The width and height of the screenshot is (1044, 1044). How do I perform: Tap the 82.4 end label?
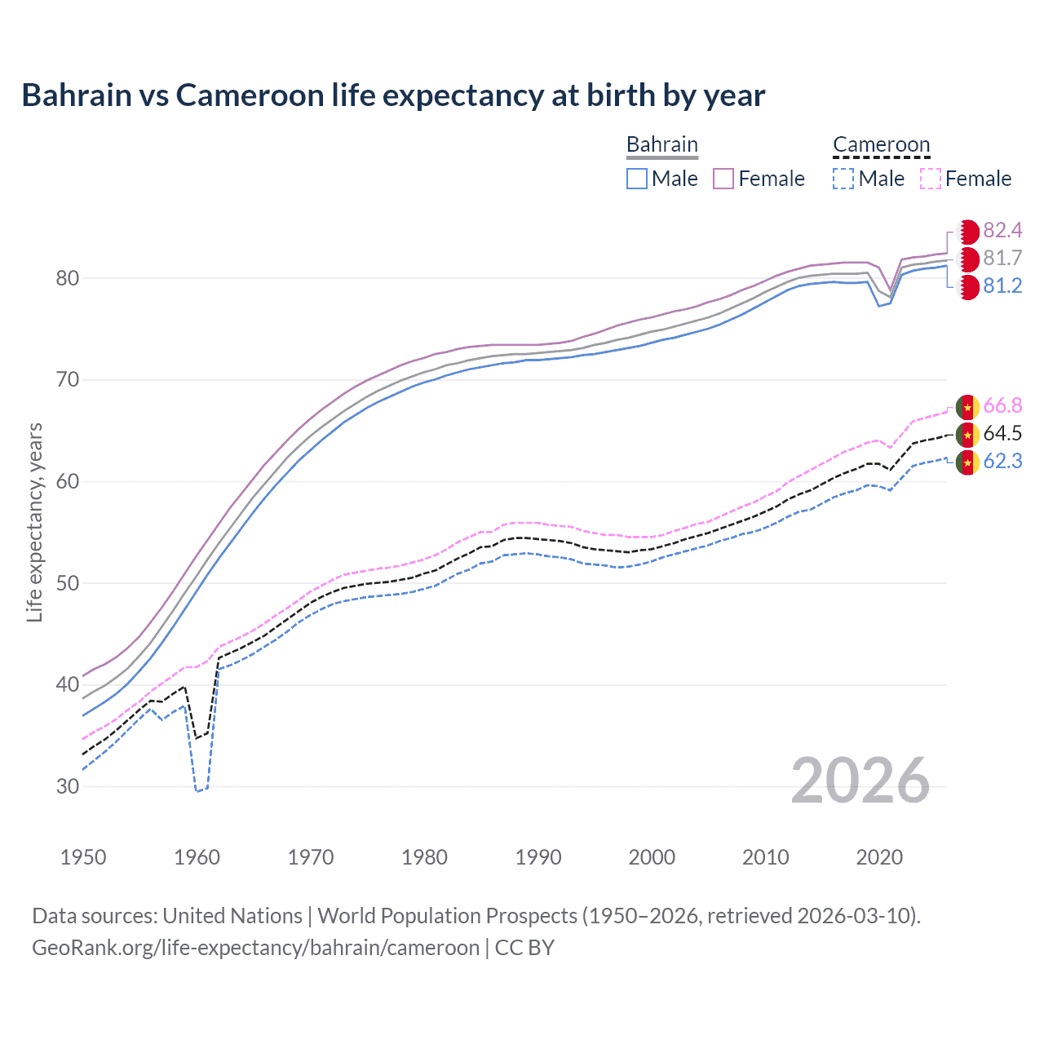[x=1002, y=230]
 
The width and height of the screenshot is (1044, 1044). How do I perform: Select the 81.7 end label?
[x=1002, y=258]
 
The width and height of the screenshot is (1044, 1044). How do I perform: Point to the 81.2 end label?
[x=1002, y=285]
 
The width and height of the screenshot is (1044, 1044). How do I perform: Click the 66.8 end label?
[x=1002, y=405]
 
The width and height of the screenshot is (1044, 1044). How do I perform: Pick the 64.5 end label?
[x=1002, y=433]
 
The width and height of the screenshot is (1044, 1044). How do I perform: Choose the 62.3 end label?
[x=1002, y=461]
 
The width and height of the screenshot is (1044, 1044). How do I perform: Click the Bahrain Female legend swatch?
[x=723, y=179]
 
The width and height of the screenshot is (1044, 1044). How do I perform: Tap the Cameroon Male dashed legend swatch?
[x=843, y=179]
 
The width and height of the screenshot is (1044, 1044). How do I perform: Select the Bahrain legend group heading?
[x=662, y=144]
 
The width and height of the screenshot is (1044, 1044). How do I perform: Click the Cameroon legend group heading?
[x=881, y=144]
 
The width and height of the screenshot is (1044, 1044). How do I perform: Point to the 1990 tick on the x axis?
[x=538, y=857]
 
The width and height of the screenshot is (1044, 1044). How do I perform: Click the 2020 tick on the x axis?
[x=879, y=857]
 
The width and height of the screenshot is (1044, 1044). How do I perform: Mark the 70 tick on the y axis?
[x=68, y=380]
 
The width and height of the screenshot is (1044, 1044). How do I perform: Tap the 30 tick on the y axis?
[x=68, y=786]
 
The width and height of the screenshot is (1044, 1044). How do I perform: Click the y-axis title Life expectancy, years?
[x=34, y=522]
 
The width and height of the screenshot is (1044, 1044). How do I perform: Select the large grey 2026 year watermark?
[x=860, y=781]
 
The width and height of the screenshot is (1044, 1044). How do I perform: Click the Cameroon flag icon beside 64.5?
[x=967, y=434]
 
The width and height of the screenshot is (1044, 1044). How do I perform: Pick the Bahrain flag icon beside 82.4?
[x=967, y=231]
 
